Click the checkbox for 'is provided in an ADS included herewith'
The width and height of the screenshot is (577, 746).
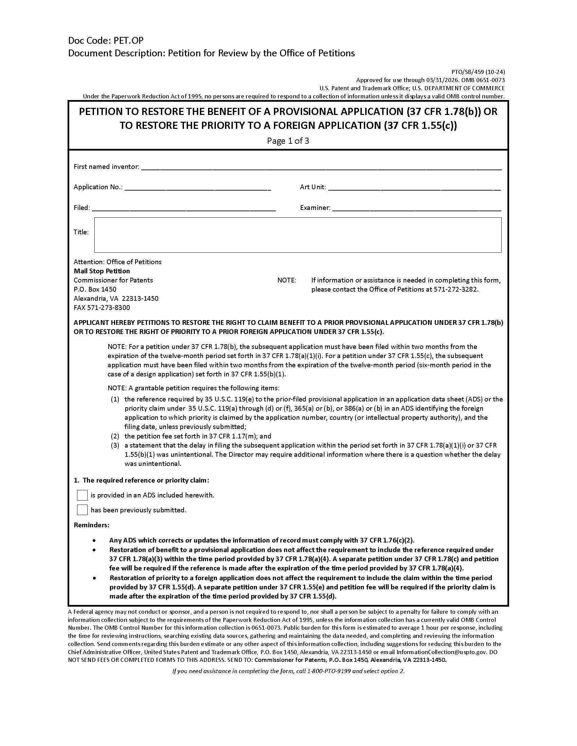point(82,495)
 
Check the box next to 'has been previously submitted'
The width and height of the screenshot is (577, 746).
point(82,510)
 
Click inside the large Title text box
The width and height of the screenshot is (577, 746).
point(297,235)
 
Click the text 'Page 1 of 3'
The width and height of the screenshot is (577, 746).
point(288,141)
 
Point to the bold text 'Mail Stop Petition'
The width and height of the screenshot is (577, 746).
point(102,271)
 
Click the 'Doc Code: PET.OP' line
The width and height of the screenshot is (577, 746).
point(106,41)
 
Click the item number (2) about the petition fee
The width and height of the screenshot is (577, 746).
point(115,436)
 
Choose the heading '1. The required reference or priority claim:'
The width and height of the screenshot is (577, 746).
point(142,480)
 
